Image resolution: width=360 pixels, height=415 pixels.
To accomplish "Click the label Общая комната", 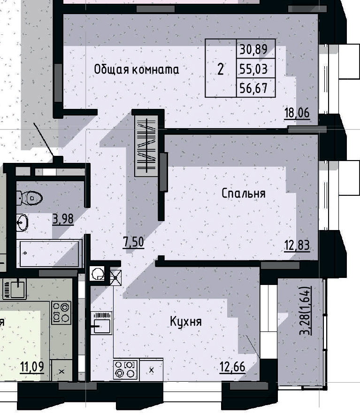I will [x=137, y=69].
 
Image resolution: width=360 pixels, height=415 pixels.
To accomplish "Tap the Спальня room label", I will [x=244, y=193].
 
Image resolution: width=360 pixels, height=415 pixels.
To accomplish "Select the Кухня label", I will [x=186, y=322].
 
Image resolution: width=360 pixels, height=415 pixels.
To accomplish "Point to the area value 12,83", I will [x=297, y=245].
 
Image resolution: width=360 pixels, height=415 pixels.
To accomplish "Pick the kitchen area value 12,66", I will [x=232, y=367].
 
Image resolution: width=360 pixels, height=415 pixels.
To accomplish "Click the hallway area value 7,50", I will [x=133, y=242].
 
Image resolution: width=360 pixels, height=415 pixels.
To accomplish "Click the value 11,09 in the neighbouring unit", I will [x=32, y=366].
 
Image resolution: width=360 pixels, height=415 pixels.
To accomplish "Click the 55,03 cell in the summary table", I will [x=253, y=69].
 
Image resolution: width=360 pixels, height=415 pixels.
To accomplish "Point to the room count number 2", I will [x=220, y=69].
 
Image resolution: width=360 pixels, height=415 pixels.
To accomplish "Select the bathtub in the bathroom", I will [x=49, y=254].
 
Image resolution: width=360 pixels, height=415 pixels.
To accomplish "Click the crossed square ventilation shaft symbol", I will [x=115, y=277].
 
